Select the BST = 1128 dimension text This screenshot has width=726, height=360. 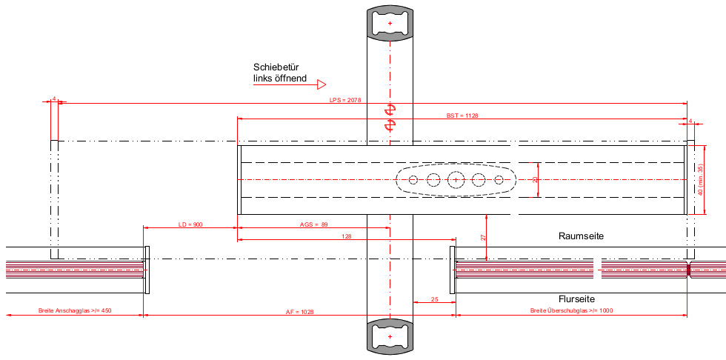pyautogui.click(x=462, y=116)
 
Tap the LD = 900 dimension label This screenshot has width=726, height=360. pyautogui.click(x=190, y=224)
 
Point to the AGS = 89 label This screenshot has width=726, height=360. pyautogui.click(x=313, y=224)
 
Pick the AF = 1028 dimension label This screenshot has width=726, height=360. pyautogui.click(x=300, y=312)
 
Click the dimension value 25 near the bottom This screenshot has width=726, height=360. pyautogui.click(x=433, y=299)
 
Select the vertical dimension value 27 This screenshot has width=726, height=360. pyautogui.click(x=482, y=237)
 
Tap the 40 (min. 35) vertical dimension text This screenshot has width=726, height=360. pyautogui.click(x=701, y=180)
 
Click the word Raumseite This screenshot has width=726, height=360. pyautogui.click(x=582, y=236)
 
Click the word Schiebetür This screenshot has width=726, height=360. pyautogui.click(x=276, y=67)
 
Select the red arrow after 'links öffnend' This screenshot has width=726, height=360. pyautogui.click(x=322, y=84)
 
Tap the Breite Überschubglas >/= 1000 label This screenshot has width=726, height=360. pyautogui.click(x=571, y=310)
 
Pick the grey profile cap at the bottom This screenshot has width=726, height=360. pyautogui.click(x=390, y=337)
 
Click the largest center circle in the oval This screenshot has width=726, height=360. pyautogui.click(x=456, y=180)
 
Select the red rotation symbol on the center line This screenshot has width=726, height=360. pyautogui.click(x=389, y=118)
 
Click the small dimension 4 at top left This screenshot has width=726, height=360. pyautogui.click(x=54, y=99)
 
